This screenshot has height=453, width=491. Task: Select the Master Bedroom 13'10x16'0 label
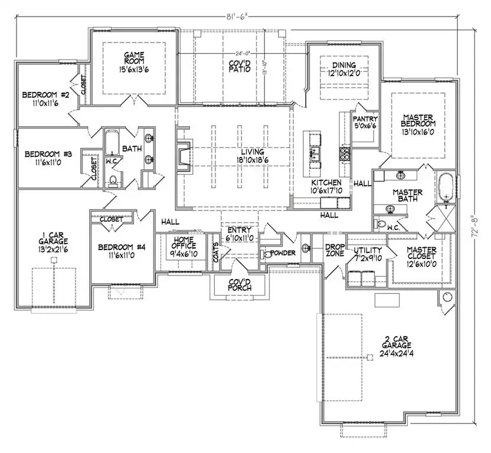(x=419, y=124)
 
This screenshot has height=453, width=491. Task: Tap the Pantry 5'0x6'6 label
(x=365, y=122)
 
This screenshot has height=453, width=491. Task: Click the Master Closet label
(x=422, y=253)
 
